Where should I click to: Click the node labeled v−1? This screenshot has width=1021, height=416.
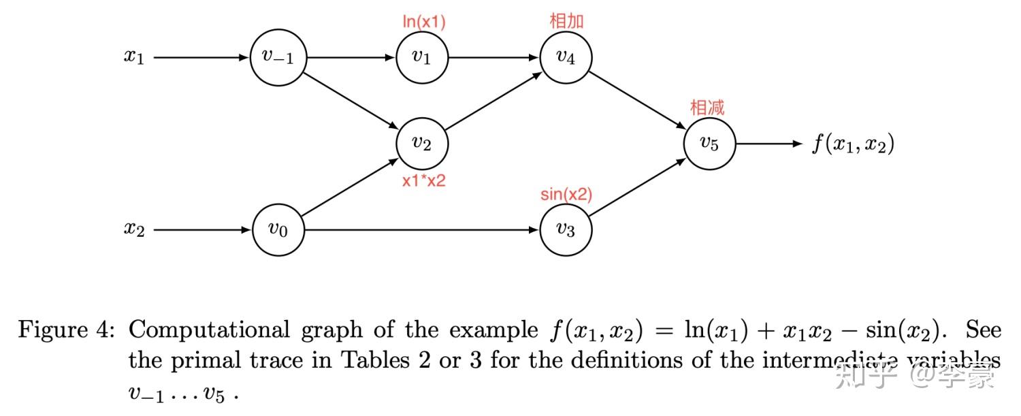(278, 58)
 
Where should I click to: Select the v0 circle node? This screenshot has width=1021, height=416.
(278, 230)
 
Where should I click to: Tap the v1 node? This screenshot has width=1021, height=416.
(422, 58)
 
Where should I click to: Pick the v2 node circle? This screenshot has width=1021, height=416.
(422, 144)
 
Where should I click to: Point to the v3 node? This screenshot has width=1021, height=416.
(566, 230)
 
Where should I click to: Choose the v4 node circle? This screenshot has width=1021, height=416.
(566, 58)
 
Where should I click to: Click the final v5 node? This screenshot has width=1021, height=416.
(709, 144)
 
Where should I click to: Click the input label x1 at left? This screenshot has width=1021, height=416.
(134, 58)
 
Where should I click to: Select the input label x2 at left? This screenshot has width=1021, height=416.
(134, 230)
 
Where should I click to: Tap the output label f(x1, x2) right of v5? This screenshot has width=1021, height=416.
(852, 144)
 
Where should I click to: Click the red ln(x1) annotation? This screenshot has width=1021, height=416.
(424, 22)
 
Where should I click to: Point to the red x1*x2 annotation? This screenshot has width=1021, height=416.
(423, 181)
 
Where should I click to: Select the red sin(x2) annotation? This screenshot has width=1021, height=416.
(566, 195)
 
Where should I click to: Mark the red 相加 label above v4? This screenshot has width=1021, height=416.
(566, 21)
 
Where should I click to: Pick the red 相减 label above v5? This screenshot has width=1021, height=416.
(707, 108)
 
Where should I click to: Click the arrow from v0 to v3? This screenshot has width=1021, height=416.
(422, 230)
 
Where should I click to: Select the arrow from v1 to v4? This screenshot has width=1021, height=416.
(494, 58)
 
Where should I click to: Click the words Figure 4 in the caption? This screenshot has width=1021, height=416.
(65, 331)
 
